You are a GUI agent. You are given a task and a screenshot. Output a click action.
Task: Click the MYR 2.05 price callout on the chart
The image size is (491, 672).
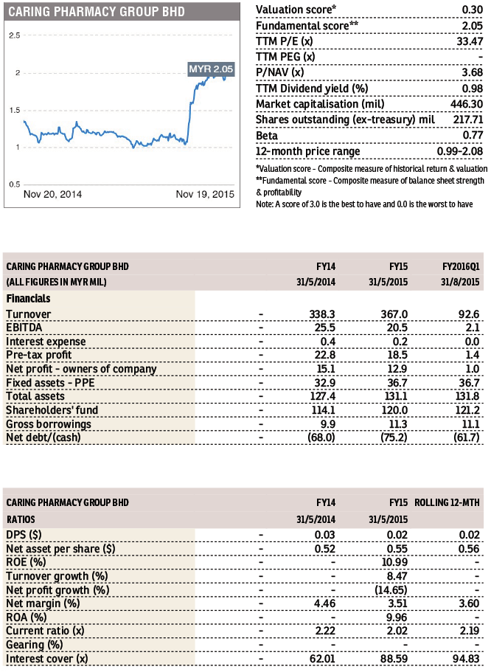pos(212,69)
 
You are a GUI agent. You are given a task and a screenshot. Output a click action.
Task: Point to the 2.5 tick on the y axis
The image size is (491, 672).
pos(15,35)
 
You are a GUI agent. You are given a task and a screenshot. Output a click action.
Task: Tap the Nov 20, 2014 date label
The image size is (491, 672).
pos(52,194)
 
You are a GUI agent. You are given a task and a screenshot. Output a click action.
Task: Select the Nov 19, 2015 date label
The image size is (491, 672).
pos(205,194)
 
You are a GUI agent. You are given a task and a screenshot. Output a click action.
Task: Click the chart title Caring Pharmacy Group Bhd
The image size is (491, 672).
pos(97,12)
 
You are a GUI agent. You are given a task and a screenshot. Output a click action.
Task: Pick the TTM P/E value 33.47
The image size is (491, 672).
pos(470,41)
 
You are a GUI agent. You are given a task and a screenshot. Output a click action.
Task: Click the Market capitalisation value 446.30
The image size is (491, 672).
pos(467,104)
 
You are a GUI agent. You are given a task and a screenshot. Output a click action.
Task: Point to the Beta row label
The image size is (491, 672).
pos(266,136)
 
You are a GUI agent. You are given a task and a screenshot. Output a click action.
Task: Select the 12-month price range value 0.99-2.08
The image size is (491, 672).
pos(460,151)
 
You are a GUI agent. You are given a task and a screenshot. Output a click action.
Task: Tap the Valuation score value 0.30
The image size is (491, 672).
pos(473,10)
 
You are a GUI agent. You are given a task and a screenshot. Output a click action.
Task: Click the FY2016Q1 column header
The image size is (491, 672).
pos(461,266)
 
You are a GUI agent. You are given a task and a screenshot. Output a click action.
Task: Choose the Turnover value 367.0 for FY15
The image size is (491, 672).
pos(394,314)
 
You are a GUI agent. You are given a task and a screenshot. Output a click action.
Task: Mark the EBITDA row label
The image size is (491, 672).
pos(24,328)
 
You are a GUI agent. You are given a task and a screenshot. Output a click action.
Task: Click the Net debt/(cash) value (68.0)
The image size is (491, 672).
pos(321,437)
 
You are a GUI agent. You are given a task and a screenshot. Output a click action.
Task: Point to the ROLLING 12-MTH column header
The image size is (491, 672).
pos(447,503)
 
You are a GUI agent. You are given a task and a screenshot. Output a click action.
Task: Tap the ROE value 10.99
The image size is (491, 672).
pos(394,562)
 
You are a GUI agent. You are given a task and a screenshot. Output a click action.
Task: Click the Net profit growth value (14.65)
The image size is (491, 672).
pos(391,590)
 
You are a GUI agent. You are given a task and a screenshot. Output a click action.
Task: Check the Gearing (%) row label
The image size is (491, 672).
pos(34,645)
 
